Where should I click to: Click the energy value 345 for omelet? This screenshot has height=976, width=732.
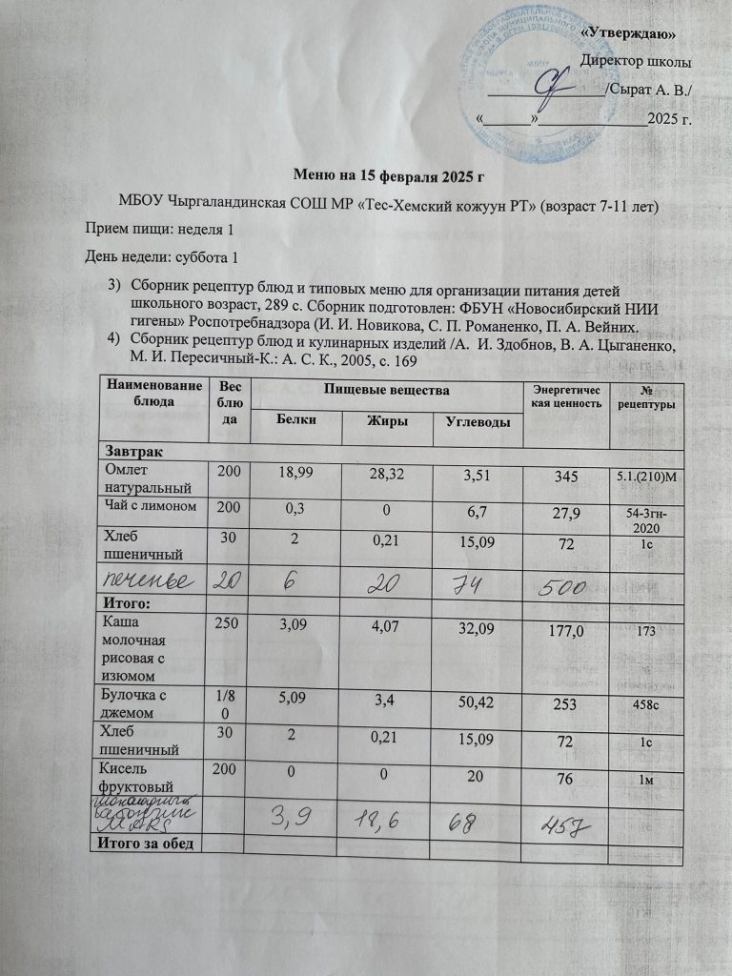point(570,473)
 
